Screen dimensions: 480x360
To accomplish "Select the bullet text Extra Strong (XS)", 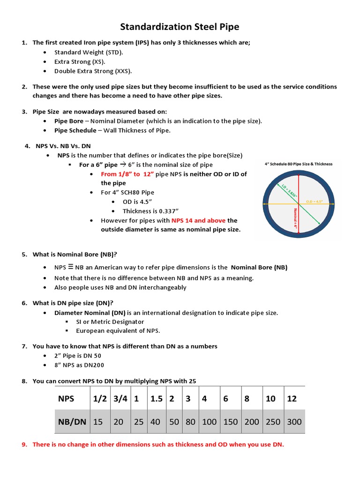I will coord(80,62).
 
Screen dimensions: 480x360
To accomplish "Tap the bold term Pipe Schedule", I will coord(75,130).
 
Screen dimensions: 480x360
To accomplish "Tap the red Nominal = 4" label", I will coord(295,217).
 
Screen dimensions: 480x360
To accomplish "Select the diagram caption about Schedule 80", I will coord(299,164).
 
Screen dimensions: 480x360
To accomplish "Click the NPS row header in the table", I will coord(66,398).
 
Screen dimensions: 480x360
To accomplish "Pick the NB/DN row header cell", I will coord(72,421).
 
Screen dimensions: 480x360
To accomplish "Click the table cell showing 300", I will coord(294,421).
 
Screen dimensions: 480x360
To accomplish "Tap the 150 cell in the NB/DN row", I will coord(231,421).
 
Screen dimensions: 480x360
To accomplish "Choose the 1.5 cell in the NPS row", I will coord(156,398).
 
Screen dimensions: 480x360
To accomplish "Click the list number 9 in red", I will coord(24,444).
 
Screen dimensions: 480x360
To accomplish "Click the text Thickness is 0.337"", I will coord(150,211).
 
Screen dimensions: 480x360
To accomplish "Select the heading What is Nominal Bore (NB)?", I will coord(75,255).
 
